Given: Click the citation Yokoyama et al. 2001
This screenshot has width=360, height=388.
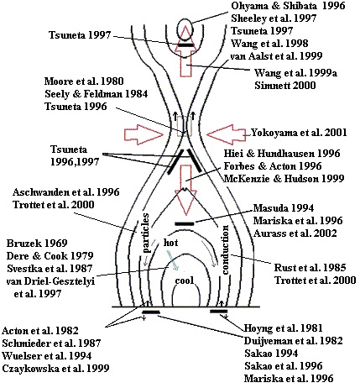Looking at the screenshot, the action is click(299, 132).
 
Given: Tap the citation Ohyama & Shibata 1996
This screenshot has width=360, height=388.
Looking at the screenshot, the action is click(288, 6).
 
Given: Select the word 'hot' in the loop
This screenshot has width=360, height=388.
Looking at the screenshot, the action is click(170, 243).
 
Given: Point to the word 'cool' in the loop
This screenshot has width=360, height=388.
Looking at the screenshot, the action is click(185, 281).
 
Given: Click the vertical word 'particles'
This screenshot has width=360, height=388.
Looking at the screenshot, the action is click(147, 233).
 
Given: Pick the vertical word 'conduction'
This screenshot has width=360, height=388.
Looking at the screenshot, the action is click(225, 249).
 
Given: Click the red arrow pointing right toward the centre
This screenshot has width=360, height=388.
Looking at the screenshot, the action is click(143, 135).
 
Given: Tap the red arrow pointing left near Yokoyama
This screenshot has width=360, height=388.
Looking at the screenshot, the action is click(226, 135).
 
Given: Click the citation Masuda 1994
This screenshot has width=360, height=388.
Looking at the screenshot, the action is click(284, 208).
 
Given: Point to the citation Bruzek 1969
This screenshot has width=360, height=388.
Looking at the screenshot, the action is click(37, 243).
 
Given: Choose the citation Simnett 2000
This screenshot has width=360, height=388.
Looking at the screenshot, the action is click(285, 85).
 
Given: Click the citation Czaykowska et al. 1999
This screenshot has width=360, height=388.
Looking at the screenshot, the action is click(55, 369).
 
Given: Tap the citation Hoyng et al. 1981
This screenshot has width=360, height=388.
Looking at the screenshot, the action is click(284, 328).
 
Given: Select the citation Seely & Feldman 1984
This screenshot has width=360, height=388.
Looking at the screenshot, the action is click(96, 94).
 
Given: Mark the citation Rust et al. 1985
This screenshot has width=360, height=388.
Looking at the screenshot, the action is click(310, 267).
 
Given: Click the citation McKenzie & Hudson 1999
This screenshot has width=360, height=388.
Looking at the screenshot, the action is click(284, 178).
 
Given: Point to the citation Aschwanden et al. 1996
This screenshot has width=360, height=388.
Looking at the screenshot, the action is click(66, 192).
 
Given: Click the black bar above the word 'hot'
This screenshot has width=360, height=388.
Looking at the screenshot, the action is click(184, 223).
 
